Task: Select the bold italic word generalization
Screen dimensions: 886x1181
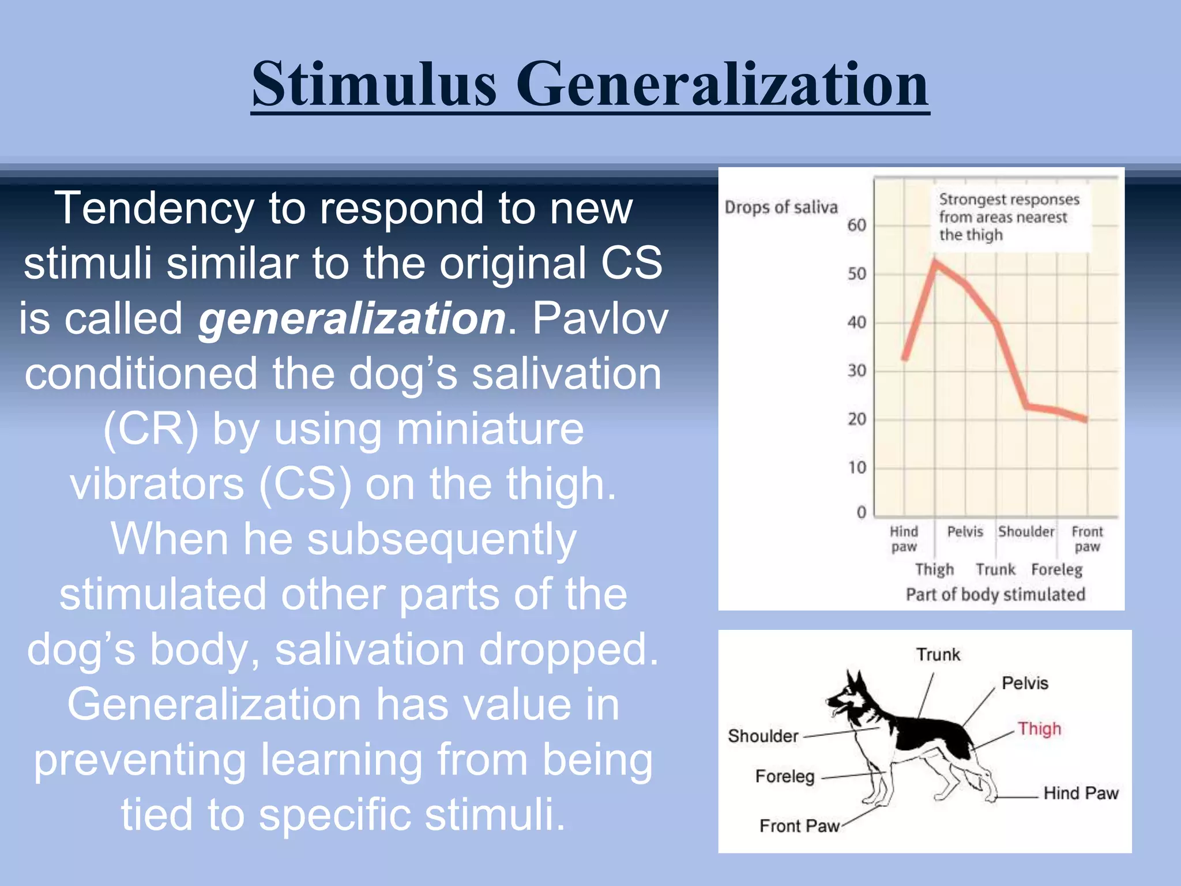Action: click(352, 318)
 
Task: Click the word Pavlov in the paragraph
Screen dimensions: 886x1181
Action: click(600, 318)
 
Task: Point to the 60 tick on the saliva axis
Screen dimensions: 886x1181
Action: click(856, 225)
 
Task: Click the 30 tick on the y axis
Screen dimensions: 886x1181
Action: click(856, 370)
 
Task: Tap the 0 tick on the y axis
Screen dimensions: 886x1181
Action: click(861, 512)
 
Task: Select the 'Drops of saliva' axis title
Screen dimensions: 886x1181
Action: click(781, 207)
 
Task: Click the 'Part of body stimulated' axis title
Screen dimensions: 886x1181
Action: click(995, 594)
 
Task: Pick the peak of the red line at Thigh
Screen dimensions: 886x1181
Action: click(935, 261)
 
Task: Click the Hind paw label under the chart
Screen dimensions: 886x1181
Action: click(904, 539)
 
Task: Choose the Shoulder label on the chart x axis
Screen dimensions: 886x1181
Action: click(1026, 531)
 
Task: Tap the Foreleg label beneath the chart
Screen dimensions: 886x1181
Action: click(1056, 570)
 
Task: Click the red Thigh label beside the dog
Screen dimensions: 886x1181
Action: click(1039, 729)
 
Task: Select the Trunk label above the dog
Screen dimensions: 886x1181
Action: click(938, 655)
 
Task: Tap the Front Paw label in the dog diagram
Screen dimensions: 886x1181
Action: click(799, 826)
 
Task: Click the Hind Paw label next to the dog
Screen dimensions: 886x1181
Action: click(1081, 793)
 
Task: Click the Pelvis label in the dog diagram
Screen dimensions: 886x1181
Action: click(1025, 683)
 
